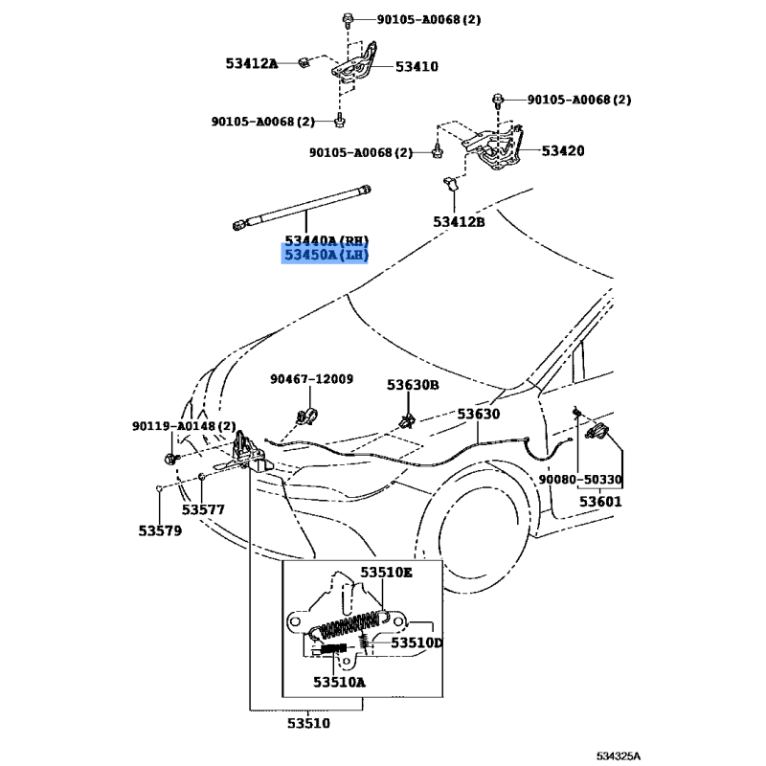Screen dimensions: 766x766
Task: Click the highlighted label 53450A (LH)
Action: (325, 255)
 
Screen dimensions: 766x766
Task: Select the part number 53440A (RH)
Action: (326, 239)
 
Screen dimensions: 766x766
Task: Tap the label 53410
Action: (417, 66)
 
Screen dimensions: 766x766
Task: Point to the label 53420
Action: (562, 151)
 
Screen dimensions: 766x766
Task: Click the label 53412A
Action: (252, 64)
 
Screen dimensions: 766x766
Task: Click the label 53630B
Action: (413, 384)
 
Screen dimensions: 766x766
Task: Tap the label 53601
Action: (599, 501)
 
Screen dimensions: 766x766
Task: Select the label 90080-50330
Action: (579, 479)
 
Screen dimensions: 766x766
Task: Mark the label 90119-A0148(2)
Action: (184, 426)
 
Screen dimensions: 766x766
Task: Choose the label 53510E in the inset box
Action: (387, 573)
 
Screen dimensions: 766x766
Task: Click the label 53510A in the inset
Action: (339, 682)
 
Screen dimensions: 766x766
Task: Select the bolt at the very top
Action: (347, 19)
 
